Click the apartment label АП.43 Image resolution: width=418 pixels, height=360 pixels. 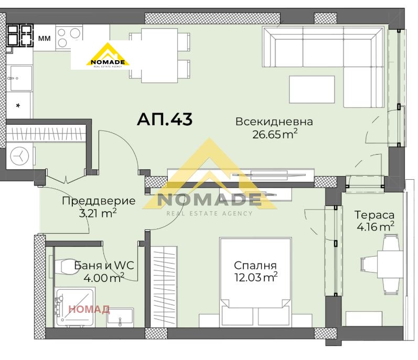(165, 119)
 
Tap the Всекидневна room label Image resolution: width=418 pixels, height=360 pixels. (274, 122)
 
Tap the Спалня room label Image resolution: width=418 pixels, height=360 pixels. (255, 266)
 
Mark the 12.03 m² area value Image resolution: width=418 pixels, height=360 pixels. (255, 277)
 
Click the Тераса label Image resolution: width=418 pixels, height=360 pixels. (374, 215)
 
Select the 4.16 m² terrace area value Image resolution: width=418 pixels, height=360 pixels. (374, 227)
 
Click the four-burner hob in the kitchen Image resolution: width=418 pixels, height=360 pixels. (20, 36)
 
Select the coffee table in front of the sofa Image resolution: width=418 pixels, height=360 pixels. (312, 90)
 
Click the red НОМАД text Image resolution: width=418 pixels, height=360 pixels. (89, 309)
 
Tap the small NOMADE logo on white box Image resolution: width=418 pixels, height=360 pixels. (108, 56)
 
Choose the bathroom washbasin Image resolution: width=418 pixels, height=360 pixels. (120, 317)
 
